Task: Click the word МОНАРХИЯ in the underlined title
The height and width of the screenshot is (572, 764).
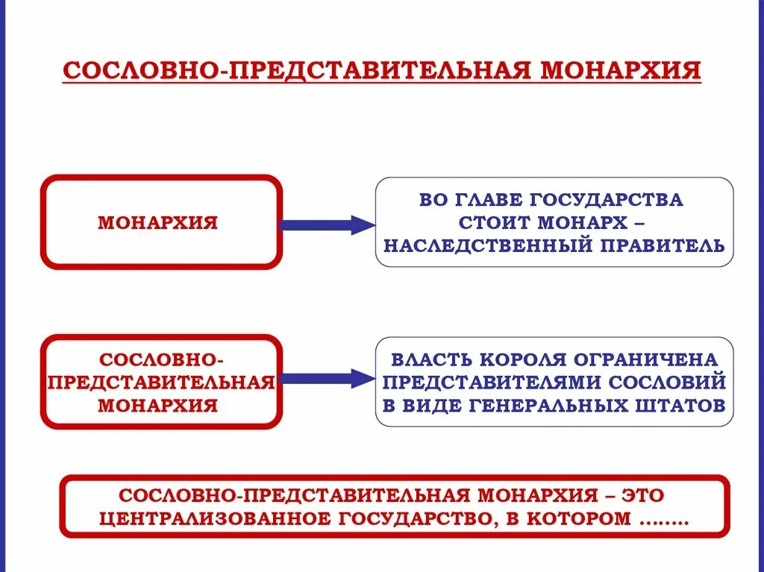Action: pyautogui.click(x=621, y=71)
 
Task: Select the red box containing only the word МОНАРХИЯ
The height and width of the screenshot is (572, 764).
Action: pyautogui.click(x=161, y=222)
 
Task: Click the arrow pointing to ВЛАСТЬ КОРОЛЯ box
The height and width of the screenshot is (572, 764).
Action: pyautogui.click(x=326, y=379)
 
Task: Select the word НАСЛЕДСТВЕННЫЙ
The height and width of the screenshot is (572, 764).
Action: pyautogui.click(x=479, y=245)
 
